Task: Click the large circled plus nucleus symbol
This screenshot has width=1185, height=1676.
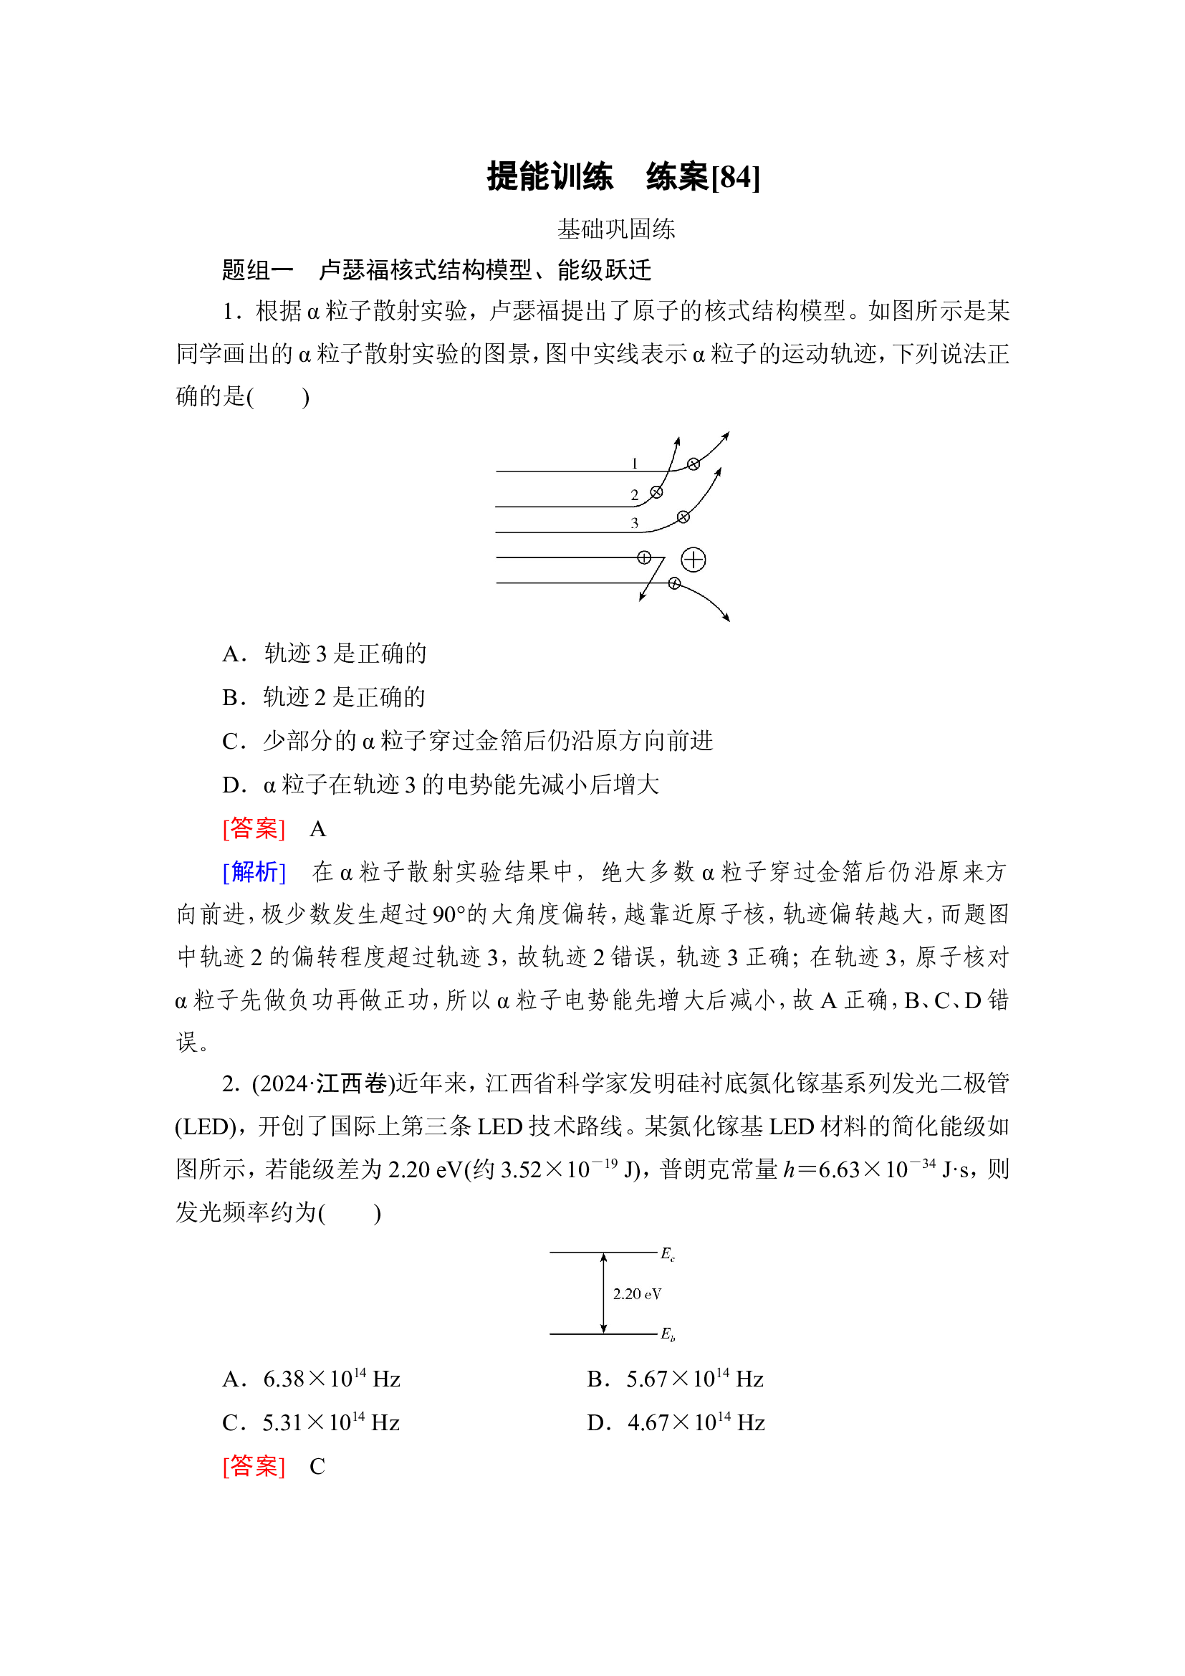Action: coord(693,560)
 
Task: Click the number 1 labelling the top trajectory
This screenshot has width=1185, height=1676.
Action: coord(634,464)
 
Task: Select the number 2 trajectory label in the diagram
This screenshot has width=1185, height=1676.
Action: coord(634,495)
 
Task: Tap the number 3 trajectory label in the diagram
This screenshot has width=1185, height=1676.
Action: coord(634,522)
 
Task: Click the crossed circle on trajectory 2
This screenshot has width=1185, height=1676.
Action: coord(656,492)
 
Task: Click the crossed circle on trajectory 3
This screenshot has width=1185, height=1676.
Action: coord(683,517)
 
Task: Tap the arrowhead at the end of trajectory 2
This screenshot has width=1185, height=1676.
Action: coord(677,441)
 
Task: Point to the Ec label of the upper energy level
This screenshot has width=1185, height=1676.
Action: coord(668,1254)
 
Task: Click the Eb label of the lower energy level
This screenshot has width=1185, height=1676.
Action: coord(668,1333)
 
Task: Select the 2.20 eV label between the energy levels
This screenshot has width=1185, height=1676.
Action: coord(637,1294)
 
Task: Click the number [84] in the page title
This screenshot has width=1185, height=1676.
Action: coord(736,178)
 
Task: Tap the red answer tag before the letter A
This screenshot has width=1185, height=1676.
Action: coord(253,828)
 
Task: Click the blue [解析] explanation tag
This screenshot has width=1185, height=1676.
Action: coord(253,871)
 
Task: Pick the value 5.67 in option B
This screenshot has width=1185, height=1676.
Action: coord(646,1379)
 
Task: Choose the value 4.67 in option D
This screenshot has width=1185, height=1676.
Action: coord(648,1423)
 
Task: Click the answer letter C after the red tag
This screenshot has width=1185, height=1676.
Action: coord(317,1467)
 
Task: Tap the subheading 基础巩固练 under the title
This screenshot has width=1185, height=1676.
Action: coord(616,229)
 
